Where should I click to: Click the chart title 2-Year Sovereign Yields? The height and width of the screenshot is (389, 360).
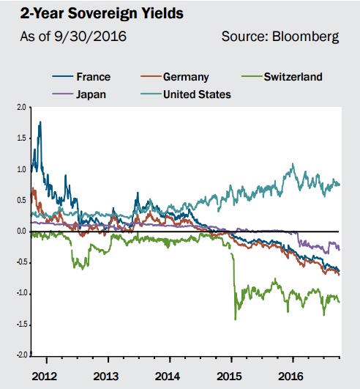coord(102,13)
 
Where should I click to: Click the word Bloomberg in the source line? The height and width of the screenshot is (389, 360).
coord(306,37)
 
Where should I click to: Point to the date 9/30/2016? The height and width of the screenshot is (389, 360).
coord(91,36)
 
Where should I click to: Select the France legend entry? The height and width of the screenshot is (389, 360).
coord(81,77)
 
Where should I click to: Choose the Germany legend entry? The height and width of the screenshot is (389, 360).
coord(175,77)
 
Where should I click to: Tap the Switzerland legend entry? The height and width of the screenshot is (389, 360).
coord(282,77)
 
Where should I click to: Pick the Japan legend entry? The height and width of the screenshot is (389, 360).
coord(79,95)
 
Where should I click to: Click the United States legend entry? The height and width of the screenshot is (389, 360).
coord(186,95)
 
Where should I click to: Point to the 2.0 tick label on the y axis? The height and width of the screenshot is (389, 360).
coord(21,108)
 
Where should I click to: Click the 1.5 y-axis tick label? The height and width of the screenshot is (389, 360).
coord(21,138)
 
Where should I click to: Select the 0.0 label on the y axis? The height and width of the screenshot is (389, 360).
coord(21,231)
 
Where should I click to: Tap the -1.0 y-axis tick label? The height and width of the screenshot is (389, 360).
coord(20,294)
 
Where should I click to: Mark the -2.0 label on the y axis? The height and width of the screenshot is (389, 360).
coord(20,355)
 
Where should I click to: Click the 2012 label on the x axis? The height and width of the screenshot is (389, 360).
coord(45,377)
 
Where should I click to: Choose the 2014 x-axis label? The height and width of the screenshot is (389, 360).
coord(168,377)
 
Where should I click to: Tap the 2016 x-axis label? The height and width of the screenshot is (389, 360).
coord(290,377)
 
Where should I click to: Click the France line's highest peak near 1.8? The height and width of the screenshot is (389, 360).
coord(40,122)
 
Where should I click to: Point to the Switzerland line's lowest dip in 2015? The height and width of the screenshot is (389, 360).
coord(235,319)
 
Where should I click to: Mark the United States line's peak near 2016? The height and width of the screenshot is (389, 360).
coord(293,164)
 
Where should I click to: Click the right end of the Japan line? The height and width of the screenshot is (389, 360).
coord(340,249)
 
